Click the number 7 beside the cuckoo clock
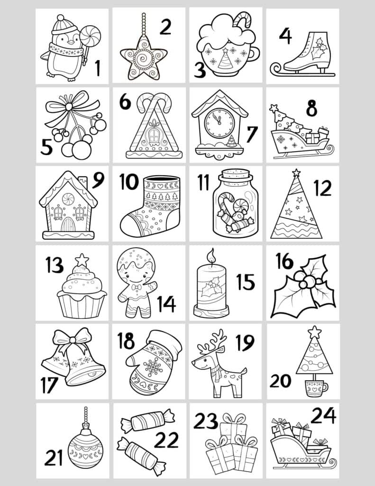click(x=252, y=134)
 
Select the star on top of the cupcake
click(x=82, y=260)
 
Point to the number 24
click(x=323, y=415)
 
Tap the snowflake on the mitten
click(x=153, y=367)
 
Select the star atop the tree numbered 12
click(x=296, y=172)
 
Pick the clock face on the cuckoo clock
click(x=220, y=123)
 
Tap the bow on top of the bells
click(x=73, y=340)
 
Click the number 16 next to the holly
click(x=284, y=262)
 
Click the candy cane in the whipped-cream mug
click(x=242, y=19)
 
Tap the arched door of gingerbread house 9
click(x=68, y=224)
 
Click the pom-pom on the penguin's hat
click(x=61, y=18)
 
